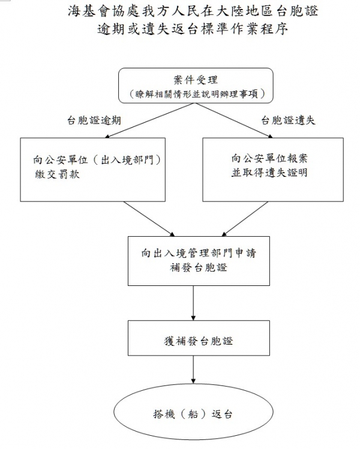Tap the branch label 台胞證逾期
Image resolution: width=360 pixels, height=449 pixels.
tap(96, 120)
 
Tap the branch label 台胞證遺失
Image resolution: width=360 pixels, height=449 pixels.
tap(289, 120)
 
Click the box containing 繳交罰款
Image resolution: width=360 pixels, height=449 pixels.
tap(92, 169)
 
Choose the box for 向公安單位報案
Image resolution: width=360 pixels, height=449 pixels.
tap(272, 169)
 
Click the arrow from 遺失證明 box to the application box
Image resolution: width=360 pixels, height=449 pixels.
tap(240, 218)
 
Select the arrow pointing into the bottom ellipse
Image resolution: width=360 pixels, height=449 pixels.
tap(192, 374)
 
